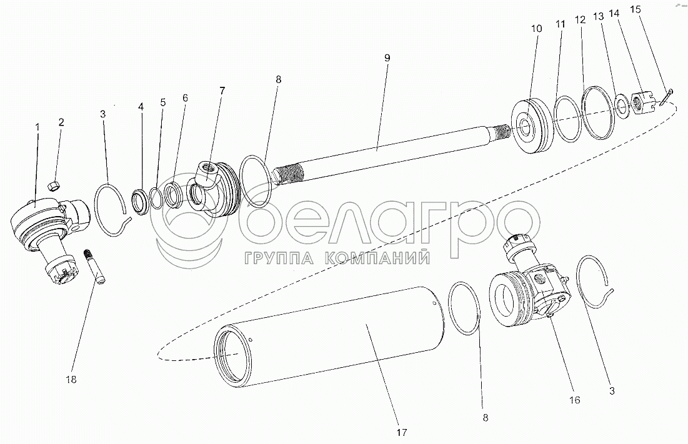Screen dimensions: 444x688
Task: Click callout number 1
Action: point(37,127)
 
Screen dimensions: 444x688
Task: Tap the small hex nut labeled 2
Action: point(54,184)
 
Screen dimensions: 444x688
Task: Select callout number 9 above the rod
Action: point(387,57)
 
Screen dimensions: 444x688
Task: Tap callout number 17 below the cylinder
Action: point(401,432)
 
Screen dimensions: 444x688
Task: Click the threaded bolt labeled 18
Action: point(96,265)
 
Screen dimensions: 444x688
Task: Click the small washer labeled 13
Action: point(622,104)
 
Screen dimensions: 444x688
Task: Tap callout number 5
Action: point(162,102)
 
